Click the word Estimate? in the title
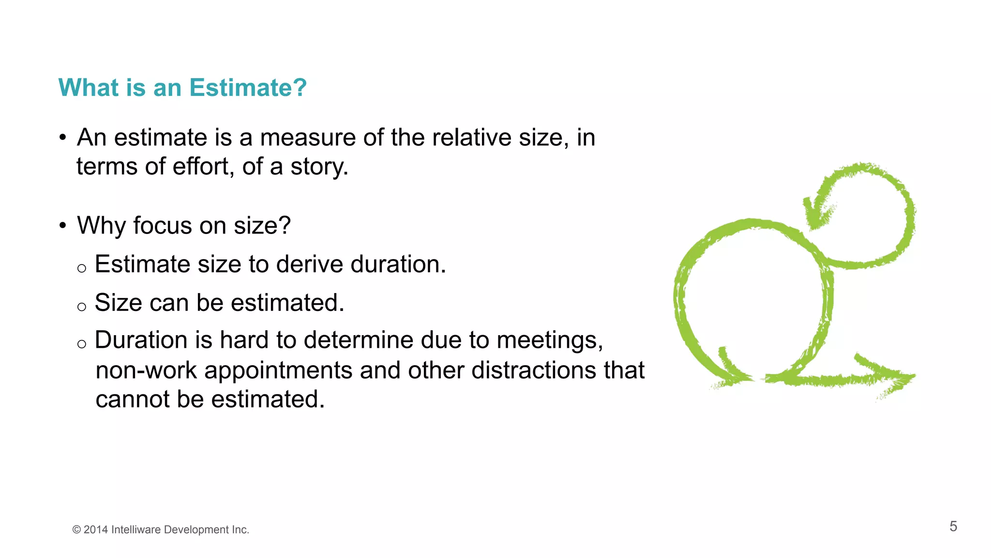coord(248,88)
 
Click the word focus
coord(162,225)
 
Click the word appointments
coord(278,371)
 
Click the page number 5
coord(953,527)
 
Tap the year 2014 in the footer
coord(95,530)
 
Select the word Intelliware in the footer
coord(135,530)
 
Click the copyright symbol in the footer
coord(76,530)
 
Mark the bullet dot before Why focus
coord(62,226)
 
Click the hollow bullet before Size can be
coord(82,307)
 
